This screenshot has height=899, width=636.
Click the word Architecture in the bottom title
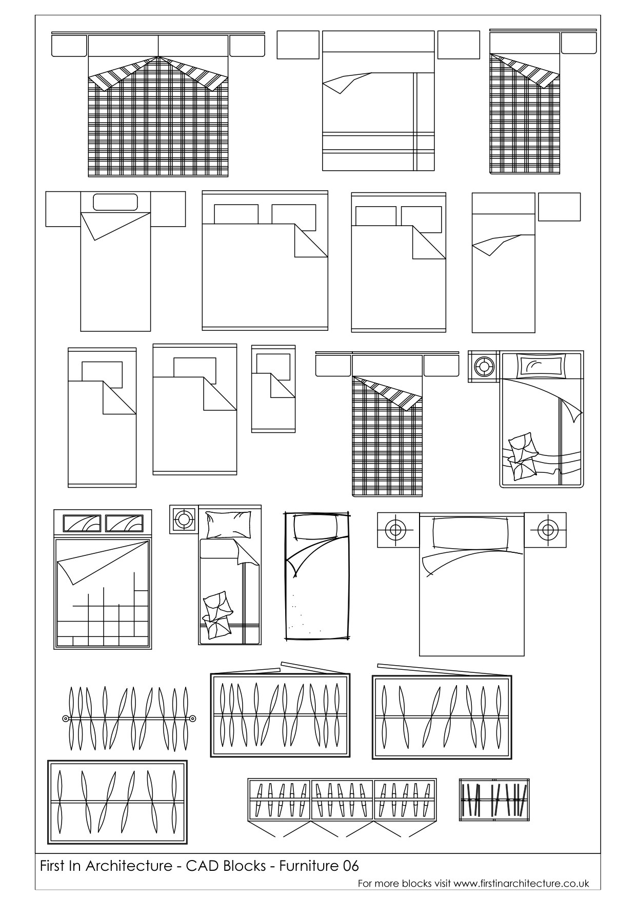pos(130,866)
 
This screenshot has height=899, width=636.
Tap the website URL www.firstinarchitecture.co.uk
pos(521,884)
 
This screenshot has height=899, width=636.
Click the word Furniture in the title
pos(307,866)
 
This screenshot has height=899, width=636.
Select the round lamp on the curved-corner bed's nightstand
pos(484,367)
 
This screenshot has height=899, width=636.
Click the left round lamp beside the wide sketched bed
pos(394,529)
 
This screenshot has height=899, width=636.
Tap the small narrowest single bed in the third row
pos(273,389)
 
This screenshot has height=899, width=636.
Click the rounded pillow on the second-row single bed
pos(115,202)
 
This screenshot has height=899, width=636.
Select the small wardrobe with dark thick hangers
pos(494,800)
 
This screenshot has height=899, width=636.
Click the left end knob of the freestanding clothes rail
pos(65,718)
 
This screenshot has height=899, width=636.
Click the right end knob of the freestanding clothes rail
pos(192,718)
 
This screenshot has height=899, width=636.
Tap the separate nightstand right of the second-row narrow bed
pos(559,207)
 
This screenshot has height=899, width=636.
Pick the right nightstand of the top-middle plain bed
pos(458,45)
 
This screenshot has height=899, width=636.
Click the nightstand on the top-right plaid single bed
pos(579,43)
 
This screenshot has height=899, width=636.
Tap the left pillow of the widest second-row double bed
pos(236,214)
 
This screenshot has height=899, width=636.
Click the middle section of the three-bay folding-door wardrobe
pos(342,800)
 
